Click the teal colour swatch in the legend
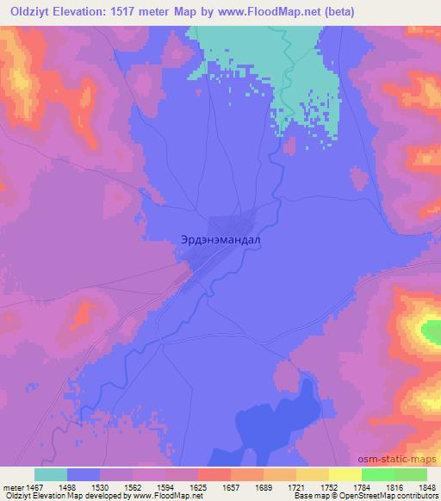click(x=51, y=474)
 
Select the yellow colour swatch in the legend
click(x=345, y=474)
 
